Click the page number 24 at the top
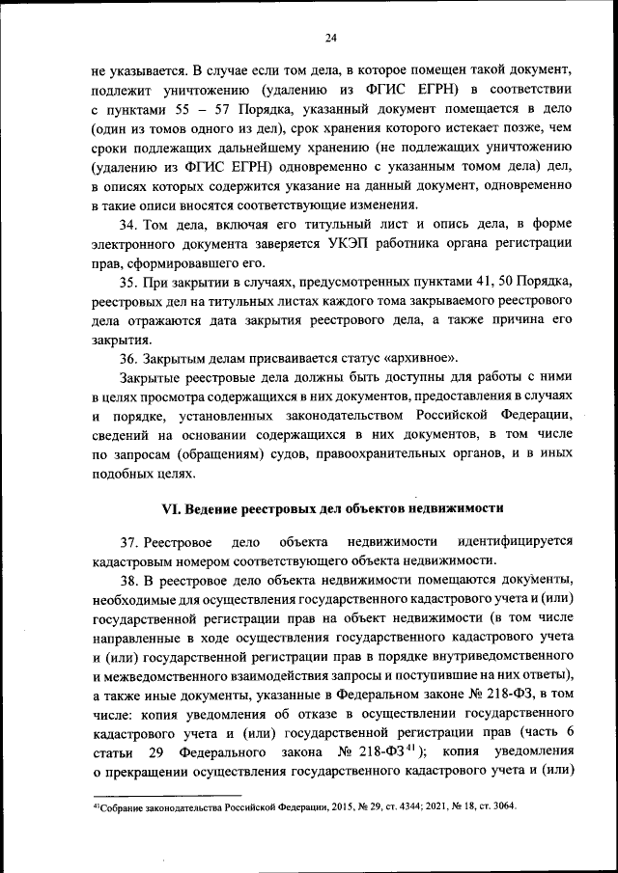click(330, 38)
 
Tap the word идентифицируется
click(516, 542)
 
